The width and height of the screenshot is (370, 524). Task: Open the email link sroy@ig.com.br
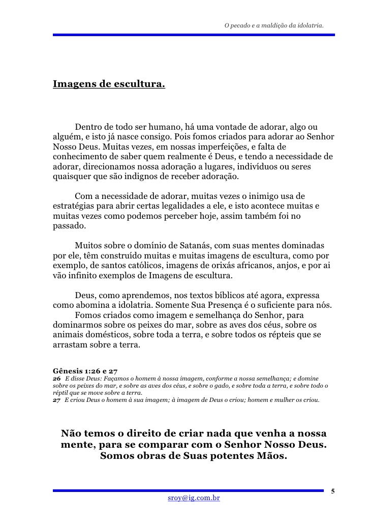[194, 499]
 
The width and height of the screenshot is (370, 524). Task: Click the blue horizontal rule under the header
[194, 35]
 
